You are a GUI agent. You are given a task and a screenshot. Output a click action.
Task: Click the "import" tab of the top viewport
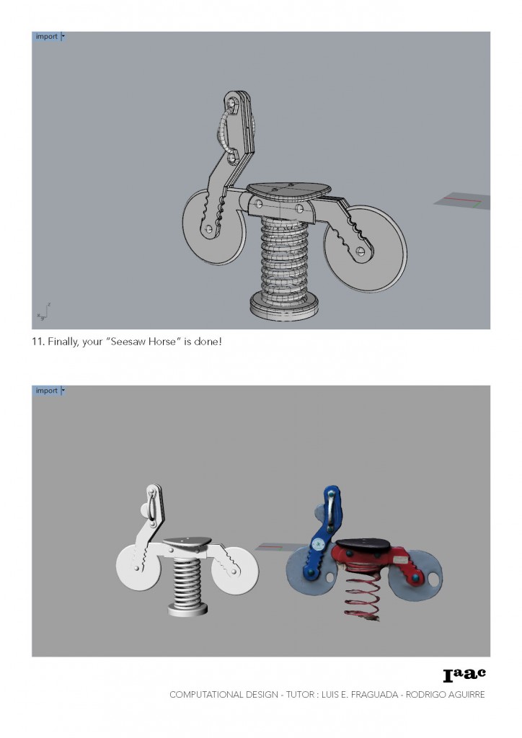tap(47, 37)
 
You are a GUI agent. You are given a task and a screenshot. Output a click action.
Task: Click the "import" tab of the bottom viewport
tap(47, 391)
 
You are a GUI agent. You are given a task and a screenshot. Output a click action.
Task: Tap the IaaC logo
tap(464, 675)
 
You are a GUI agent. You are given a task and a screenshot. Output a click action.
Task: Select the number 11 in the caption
tap(37, 341)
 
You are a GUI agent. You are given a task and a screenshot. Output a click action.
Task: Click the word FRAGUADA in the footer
tap(375, 695)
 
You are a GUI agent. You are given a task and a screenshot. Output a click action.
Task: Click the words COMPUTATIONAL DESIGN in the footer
tap(224, 695)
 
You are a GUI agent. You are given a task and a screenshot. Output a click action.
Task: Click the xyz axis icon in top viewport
tap(43, 312)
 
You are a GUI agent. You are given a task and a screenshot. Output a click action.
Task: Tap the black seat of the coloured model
tap(363, 546)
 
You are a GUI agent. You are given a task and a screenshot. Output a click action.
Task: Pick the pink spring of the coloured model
tap(361, 595)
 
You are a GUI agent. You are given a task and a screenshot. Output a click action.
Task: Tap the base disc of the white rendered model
tap(187, 610)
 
